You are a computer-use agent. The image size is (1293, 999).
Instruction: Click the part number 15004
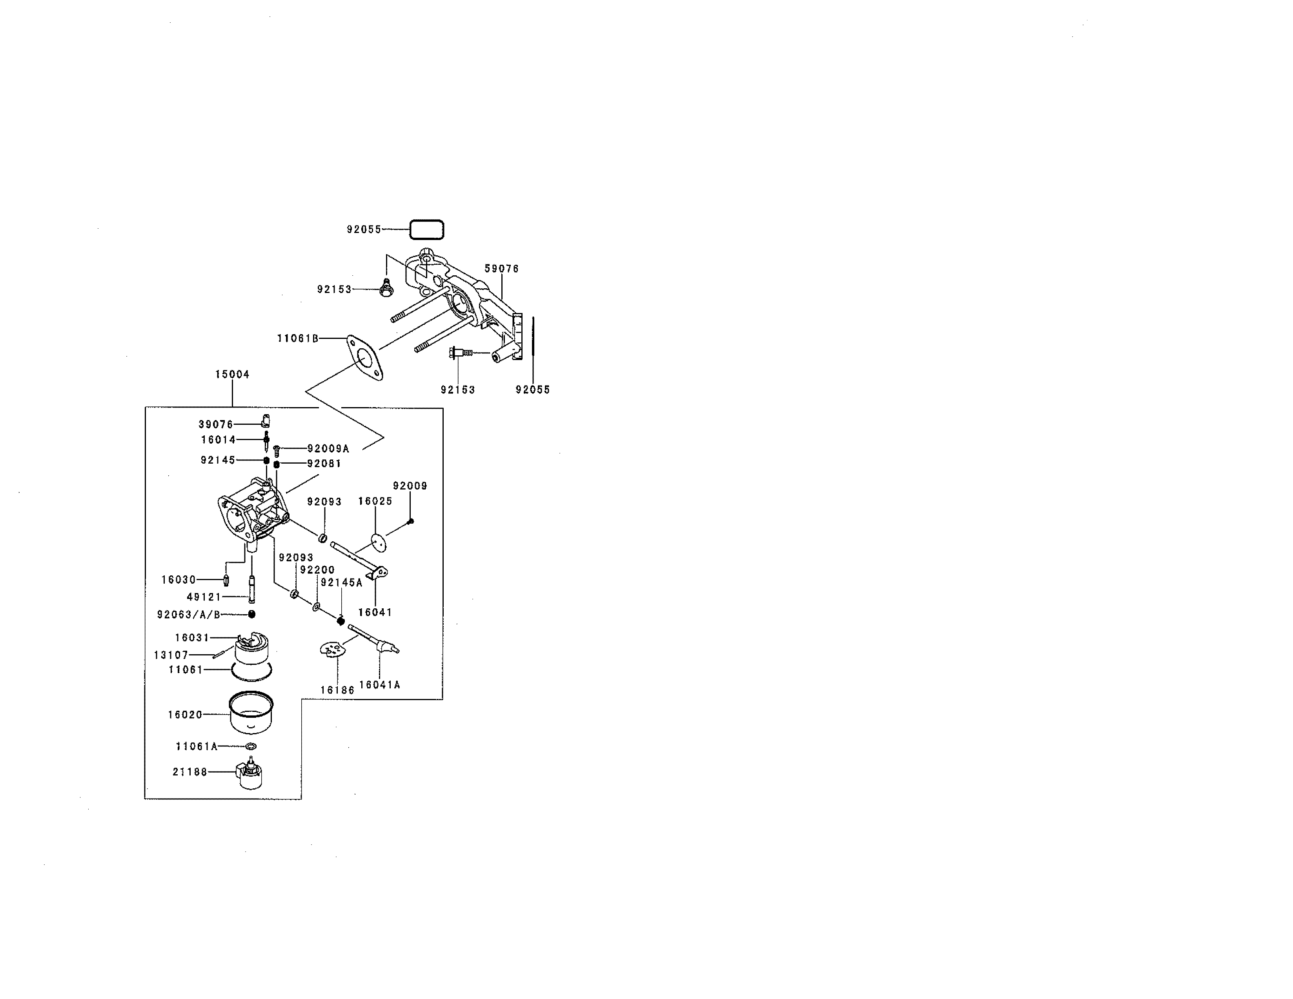pos(232,374)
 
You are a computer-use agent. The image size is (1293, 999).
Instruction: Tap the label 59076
pos(501,269)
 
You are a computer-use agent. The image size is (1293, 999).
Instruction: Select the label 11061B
pos(298,338)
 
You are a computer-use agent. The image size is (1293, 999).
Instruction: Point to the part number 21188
pos(190,772)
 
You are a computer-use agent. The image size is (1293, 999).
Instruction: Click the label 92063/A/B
pos(188,614)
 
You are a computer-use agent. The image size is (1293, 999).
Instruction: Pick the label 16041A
pos(379,685)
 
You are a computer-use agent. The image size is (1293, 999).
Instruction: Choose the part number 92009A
pos(328,449)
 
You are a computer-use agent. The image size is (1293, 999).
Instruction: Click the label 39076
pos(216,424)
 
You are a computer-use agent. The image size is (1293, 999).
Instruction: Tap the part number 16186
pos(337,690)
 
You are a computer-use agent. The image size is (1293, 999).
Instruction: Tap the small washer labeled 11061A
pos(251,746)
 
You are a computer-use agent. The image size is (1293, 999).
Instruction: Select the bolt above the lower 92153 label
pos(462,353)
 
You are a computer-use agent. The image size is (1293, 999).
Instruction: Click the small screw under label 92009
pos(411,521)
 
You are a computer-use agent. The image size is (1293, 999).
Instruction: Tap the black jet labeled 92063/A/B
pos(251,614)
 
